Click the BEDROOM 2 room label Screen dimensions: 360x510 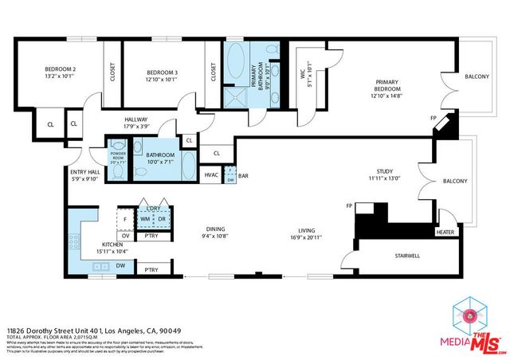coord(60,70)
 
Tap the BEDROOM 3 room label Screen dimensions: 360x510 coord(162,73)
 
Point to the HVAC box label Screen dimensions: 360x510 coord(211,174)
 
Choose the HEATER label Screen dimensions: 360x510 coord(445,233)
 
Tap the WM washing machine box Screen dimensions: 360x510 coord(146,217)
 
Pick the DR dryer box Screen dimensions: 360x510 coord(162,217)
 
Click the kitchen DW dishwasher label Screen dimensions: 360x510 coord(120,266)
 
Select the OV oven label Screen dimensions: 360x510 coord(125,235)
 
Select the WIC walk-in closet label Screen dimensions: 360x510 coord(302,72)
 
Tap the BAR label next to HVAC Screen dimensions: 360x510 coord(243,174)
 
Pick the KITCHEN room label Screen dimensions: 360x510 coord(111,245)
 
